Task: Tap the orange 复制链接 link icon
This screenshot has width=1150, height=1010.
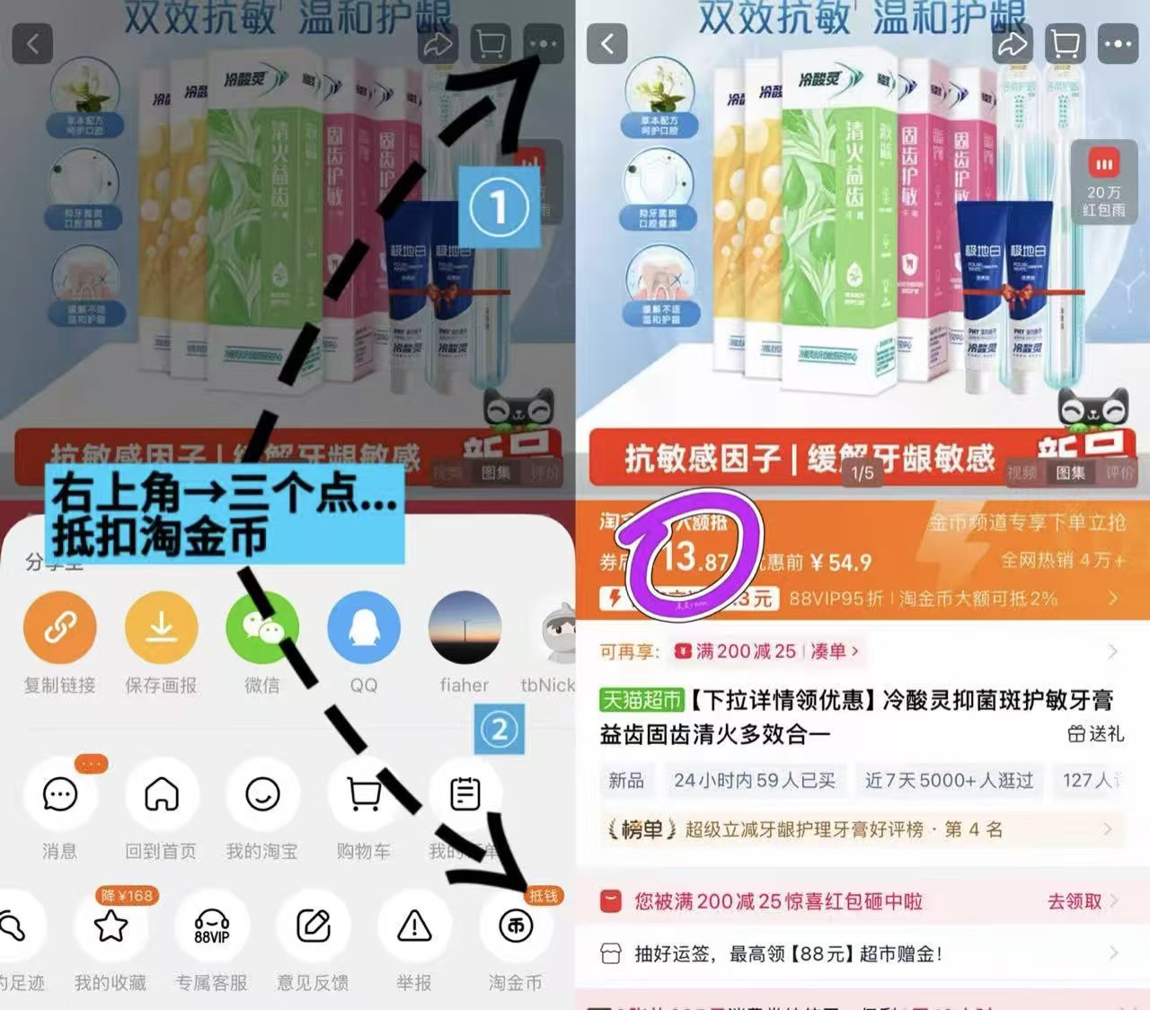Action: pyautogui.click(x=59, y=625)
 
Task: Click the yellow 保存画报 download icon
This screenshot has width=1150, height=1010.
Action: pyautogui.click(x=161, y=625)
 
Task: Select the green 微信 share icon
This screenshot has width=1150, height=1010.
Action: pyautogui.click(x=262, y=625)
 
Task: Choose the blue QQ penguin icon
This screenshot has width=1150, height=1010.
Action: pyautogui.click(x=363, y=625)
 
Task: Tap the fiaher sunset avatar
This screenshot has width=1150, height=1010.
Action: pyautogui.click(x=464, y=625)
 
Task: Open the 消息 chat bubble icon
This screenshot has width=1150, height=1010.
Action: pyautogui.click(x=59, y=794)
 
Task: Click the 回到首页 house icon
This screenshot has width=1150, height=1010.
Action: pyautogui.click(x=161, y=794)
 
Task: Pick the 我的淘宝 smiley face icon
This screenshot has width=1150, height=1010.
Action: pyautogui.click(x=262, y=794)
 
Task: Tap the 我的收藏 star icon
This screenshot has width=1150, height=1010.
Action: pyautogui.click(x=111, y=926)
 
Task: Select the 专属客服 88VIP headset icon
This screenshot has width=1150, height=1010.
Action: pyautogui.click(x=212, y=926)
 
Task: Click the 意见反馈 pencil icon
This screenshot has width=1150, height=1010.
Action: pyautogui.click(x=314, y=926)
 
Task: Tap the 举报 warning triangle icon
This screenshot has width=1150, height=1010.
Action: pyautogui.click(x=414, y=926)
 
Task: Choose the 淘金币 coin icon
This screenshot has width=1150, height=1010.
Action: pyautogui.click(x=516, y=926)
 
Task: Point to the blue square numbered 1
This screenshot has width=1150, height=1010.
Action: pyautogui.click(x=500, y=207)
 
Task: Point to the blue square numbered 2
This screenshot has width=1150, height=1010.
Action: pyautogui.click(x=500, y=729)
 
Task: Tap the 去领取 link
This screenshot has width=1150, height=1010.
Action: pyautogui.click(x=1075, y=901)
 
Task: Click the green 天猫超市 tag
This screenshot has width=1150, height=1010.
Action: pyautogui.click(x=641, y=700)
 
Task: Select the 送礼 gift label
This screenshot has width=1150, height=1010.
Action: pyautogui.click(x=1096, y=734)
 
